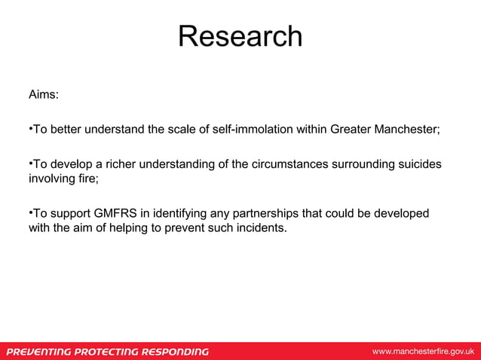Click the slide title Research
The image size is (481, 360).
click(x=240, y=36)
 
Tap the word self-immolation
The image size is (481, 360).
click(x=234, y=130)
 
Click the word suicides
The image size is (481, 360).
click(x=415, y=165)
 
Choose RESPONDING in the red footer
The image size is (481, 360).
click(x=176, y=352)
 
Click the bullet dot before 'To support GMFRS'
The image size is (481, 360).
click(x=30, y=214)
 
